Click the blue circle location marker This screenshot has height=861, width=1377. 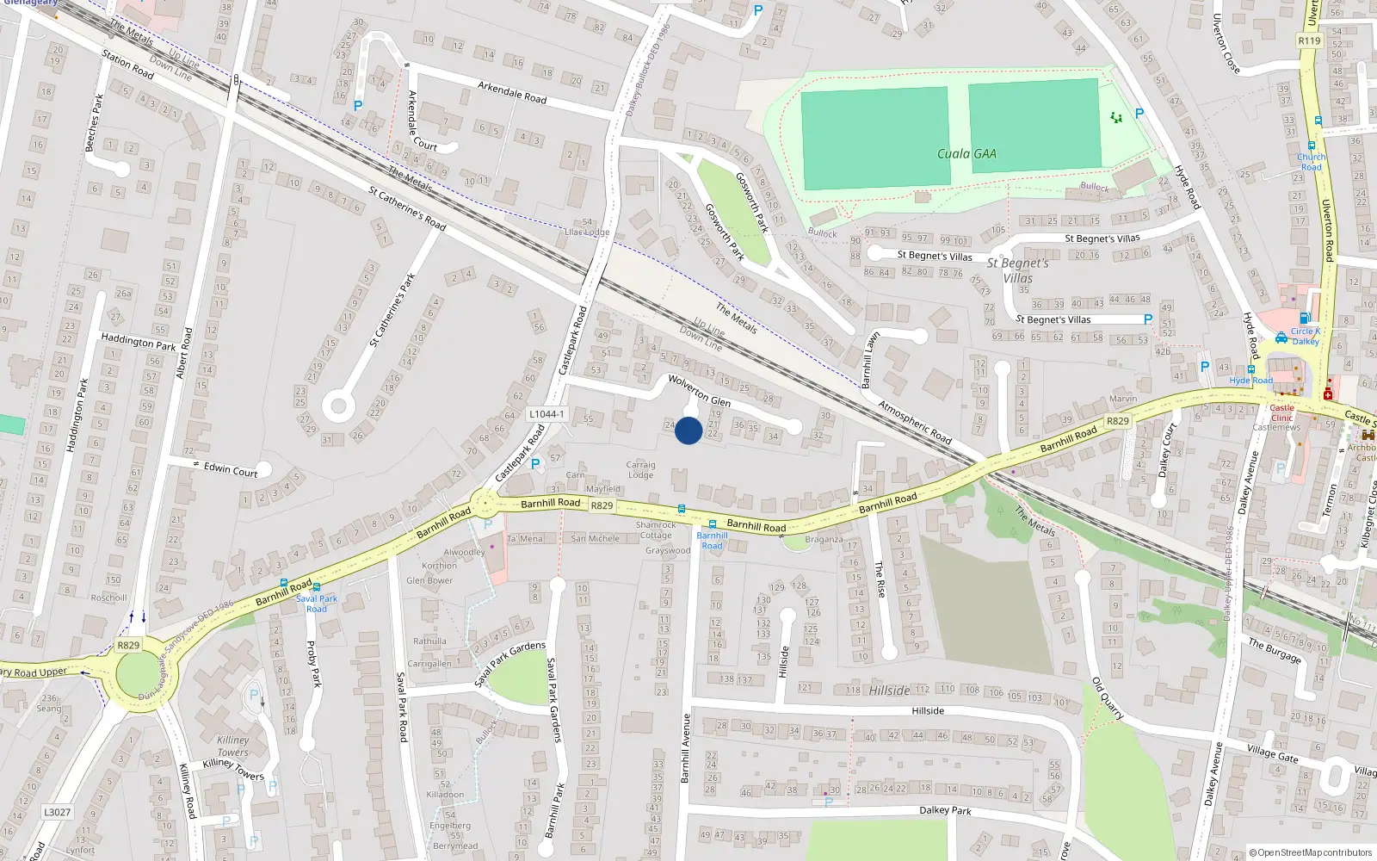pos(688,430)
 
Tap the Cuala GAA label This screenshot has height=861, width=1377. pos(966,154)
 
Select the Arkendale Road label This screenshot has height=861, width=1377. pos(512,92)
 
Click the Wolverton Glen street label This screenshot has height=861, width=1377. pos(699,390)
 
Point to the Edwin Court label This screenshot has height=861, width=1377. pos(231,470)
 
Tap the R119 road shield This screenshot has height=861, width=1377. pos(1309,40)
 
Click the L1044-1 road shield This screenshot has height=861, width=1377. pos(546,414)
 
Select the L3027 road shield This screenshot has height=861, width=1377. pos(58,812)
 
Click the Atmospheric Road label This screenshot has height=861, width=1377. pos(915,422)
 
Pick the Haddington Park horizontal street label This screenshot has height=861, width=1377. pos(138,342)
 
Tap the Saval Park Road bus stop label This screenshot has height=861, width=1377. pos(317,604)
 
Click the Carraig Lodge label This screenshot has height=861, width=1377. pos(640,469)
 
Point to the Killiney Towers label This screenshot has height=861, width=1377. pos(233,746)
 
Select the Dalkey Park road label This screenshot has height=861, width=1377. pos(945,810)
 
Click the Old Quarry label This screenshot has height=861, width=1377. pos(1108,698)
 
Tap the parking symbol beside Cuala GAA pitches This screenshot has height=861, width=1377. pos(1139,114)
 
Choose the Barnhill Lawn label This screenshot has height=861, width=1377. pos(872,360)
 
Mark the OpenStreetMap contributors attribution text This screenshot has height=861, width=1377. pos(1311,852)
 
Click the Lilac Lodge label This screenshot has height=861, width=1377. pos(586,232)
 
